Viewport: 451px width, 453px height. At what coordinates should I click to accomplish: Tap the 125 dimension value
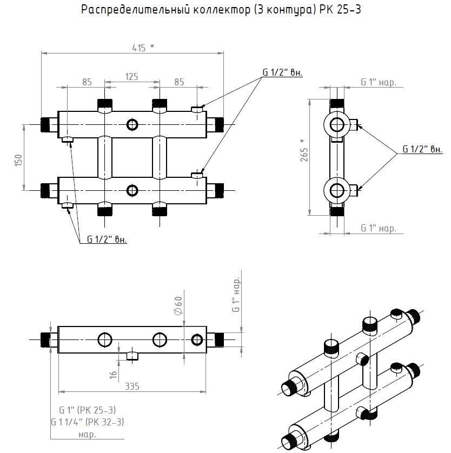pos(132,77)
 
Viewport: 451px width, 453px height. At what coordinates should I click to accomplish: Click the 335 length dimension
pos(131,387)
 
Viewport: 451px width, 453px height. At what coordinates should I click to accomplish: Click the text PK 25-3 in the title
pos(337,10)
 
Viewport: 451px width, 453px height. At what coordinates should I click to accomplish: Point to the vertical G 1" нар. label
pos(236,295)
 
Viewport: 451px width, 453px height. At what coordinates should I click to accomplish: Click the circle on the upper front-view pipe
pos(132,125)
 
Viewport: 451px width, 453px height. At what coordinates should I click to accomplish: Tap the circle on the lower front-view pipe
pos(132,190)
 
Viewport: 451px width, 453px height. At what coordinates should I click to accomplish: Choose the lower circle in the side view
pos(337,190)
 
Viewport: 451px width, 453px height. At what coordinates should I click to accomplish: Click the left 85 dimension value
pos(87,82)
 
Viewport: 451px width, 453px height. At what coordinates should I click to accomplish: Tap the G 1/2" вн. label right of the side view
pos(423,150)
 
